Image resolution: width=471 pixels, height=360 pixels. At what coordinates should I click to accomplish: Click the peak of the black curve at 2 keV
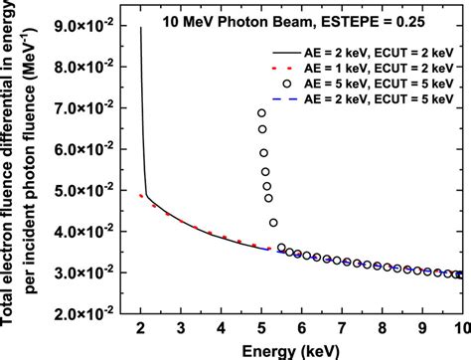click(x=140, y=29)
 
